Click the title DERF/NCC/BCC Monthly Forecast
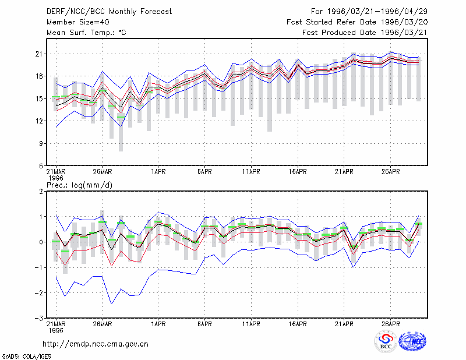(x=109, y=12)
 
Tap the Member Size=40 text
(x=78, y=22)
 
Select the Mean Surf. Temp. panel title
(x=86, y=33)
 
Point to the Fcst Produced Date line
(x=365, y=33)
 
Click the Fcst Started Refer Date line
(x=357, y=22)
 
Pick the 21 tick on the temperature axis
(x=39, y=54)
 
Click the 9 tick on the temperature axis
(x=41, y=143)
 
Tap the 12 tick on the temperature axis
(x=39, y=121)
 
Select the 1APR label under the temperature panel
(x=158, y=172)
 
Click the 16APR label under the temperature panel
(x=298, y=172)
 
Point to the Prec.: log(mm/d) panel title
(x=79, y=185)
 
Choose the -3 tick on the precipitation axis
(x=39, y=319)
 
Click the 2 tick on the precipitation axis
(x=41, y=192)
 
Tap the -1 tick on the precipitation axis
(x=39, y=267)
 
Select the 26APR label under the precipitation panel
(x=390, y=324)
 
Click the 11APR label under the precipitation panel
(x=251, y=324)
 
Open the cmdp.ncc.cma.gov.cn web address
(x=96, y=344)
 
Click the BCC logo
(x=386, y=341)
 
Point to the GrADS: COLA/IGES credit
(x=26, y=357)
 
